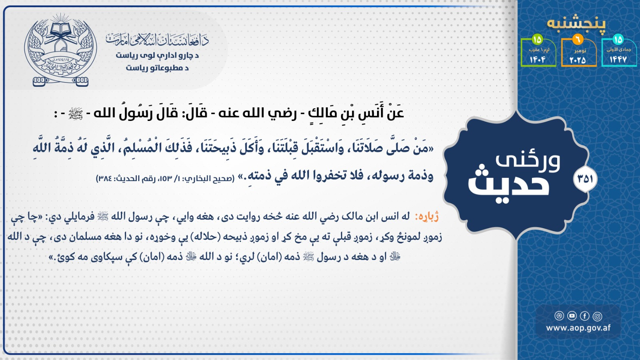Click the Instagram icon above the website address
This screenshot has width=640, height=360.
tap(597, 316)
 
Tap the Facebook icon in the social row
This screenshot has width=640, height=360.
tap(585, 316)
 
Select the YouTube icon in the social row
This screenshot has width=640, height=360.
tap(572, 316)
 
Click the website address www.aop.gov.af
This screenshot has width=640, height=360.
tap(578, 328)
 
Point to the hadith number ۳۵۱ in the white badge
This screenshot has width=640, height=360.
tap(585, 179)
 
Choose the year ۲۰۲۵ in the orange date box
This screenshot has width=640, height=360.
tap(578, 60)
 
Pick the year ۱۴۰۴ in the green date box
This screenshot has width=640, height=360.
tap(538, 60)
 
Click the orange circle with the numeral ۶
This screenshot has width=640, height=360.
tap(578, 40)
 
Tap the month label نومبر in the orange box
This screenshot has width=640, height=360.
tap(579, 50)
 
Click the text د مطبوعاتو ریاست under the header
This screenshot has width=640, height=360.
tap(157, 68)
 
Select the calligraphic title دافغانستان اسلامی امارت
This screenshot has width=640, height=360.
tap(157, 40)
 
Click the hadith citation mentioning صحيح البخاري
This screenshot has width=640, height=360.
tap(165, 179)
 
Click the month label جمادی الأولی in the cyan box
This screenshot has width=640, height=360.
tap(618, 50)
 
